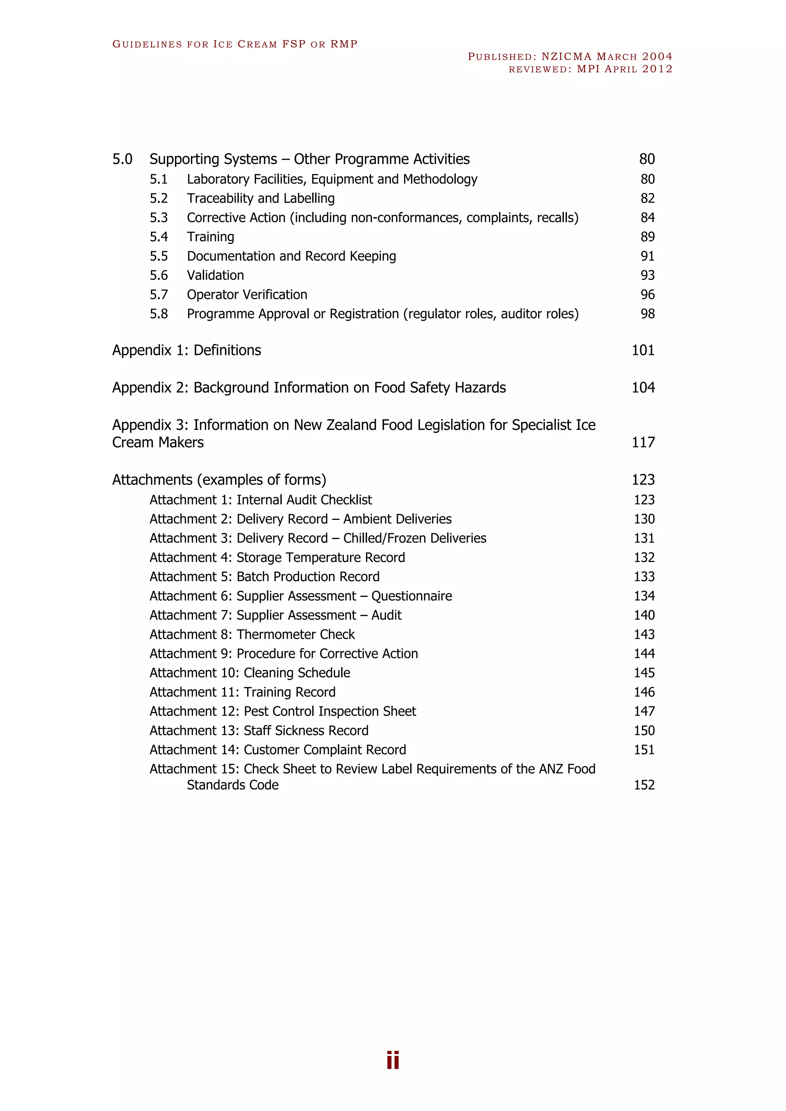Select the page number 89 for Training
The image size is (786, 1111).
pyautogui.click(x=647, y=237)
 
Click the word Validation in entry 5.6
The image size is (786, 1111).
pyautogui.click(x=215, y=275)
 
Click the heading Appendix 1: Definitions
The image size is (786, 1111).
pyautogui.click(x=187, y=350)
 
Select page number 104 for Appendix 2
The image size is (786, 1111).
pyautogui.click(x=643, y=387)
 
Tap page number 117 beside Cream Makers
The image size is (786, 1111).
pyautogui.click(x=643, y=442)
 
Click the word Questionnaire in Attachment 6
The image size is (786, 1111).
pyautogui.click(x=411, y=596)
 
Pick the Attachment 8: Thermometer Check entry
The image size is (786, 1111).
pyautogui.click(x=252, y=635)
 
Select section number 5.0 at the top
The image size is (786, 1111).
pyautogui.click(x=122, y=159)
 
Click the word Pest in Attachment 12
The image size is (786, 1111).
pyautogui.click(x=256, y=711)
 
